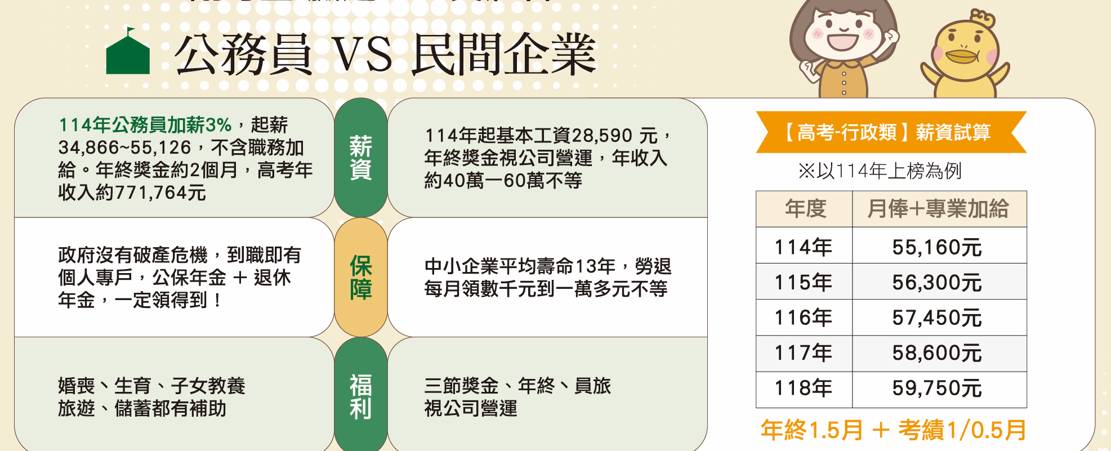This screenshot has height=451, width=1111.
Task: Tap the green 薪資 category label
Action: [x=360, y=158]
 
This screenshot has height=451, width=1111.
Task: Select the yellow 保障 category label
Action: [x=360, y=277]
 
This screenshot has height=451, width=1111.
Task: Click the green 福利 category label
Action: [x=360, y=396]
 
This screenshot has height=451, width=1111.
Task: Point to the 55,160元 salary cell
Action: [x=937, y=247]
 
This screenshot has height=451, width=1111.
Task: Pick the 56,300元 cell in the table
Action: [x=937, y=282]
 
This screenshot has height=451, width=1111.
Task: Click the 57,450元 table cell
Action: [x=937, y=318]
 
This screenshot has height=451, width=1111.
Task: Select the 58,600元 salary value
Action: [x=937, y=353]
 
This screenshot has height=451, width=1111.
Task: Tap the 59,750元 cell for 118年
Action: [x=937, y=389]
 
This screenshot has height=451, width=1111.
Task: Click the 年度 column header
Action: [x=805, y=209]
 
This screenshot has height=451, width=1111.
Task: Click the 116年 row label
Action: [x=804, y=318]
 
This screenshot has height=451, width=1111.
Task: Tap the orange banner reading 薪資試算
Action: [x=891, y=132]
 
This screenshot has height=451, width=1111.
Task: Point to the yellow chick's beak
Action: [x=962, y=56]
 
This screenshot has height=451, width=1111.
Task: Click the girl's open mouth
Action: [x=843, y=41]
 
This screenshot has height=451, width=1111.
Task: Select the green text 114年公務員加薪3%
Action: [x=145, y=124]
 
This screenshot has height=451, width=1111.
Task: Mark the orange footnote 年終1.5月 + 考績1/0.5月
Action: [x=894, y=430]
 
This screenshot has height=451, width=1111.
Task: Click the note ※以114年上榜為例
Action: [x=880, y=171]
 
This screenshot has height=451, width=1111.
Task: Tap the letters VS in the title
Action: [x=362, y=55]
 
